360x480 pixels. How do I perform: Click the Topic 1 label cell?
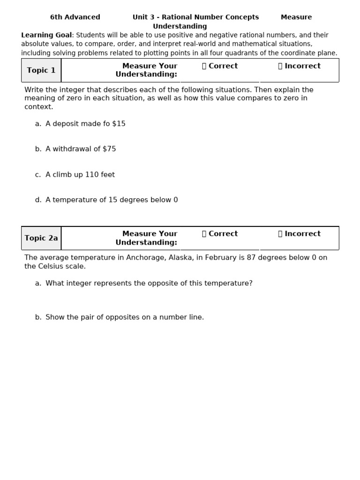pyautogui.click(x=41, y=70)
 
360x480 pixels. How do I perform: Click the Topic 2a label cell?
pyautogui.click(x=41, y=238)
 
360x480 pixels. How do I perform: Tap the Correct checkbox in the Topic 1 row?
pyautogui.click(x=204, y=66)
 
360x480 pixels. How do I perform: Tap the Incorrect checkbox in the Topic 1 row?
pyautogui.click(x=280, y=66)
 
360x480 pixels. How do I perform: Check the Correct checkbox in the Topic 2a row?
pyautogui.click(x=204, y=234)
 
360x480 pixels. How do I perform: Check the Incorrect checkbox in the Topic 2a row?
pyautogui.click(x=280, y=234)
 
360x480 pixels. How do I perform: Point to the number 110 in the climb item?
pyautogui.click(x=92, y=175)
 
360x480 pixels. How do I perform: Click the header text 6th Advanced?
pyautogui.click(x=75, y=17)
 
